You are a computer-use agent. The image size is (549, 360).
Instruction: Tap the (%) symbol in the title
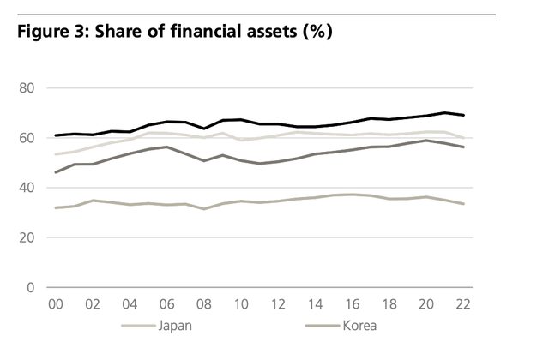pos(314,33)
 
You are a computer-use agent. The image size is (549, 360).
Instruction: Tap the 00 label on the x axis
pos(57,304)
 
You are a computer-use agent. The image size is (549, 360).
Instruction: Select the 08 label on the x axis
pos(204,304)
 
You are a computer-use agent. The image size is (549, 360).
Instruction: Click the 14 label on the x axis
pos(315,304)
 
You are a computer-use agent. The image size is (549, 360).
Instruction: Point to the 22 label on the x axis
pos(463,304)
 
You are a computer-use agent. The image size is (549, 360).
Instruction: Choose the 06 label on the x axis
pos(167,304)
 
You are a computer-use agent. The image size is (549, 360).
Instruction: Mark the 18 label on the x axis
pos(389,304)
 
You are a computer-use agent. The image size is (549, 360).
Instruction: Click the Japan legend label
pos(176,327)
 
